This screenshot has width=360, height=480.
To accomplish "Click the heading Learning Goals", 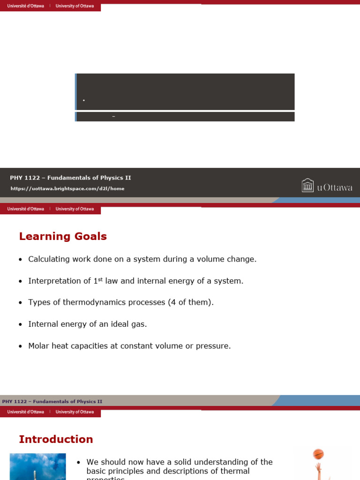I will [x=63, y=237].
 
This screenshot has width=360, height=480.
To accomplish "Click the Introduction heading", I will [x=56, y=440].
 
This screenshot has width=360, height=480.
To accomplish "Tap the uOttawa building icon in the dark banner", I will [x=307, y=186].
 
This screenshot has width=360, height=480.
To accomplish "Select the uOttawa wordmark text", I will [x=335, y=188].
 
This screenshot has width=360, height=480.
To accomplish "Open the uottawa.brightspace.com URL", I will [x=67, y=188].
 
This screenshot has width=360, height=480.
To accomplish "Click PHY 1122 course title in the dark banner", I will [x=70, y=178].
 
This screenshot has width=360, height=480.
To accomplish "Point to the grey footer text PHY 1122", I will [x=52, y=402].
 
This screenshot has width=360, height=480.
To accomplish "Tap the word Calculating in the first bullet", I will [x=49, y=259].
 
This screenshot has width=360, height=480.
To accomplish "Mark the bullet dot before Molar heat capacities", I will [x=21, y=346].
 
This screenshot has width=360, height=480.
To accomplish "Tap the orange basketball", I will [x=318, y=454].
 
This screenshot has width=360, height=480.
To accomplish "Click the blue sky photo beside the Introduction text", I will [x=37, y=466].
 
